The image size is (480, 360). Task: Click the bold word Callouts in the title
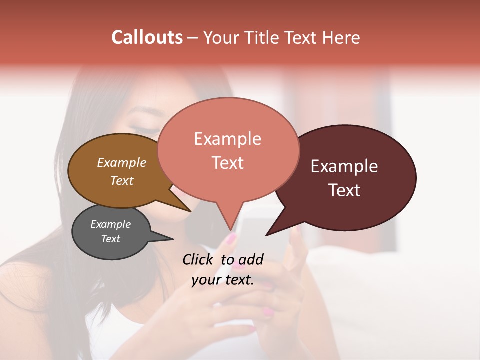click(147, 37)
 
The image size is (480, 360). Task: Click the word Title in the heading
click(266, 37)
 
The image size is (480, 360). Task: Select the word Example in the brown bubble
click(121, 162)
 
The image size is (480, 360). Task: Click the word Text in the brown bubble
click(121, 180)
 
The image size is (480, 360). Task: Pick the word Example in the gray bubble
click(110, 224)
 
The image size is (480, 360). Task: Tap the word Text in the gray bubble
click(110, 239)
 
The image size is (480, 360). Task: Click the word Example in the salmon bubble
click(227, 139)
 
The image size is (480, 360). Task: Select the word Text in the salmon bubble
click(227, 163)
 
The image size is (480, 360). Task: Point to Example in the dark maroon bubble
click(344, 166)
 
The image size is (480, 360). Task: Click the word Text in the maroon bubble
click(344, 190)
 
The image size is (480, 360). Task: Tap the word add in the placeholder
click(251, 259)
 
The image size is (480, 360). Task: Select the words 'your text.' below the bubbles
click(222, 280)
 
